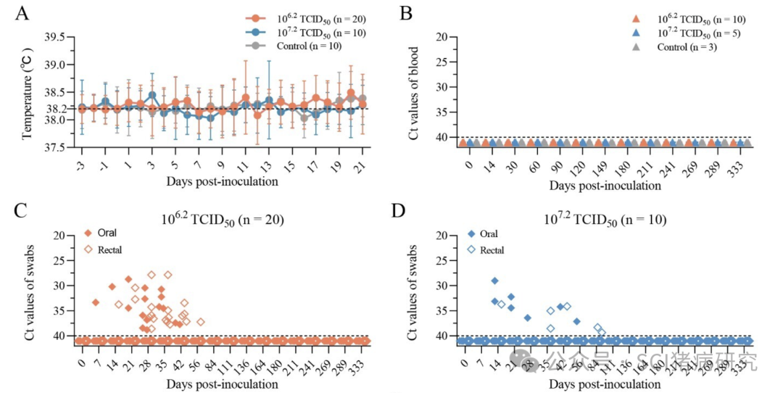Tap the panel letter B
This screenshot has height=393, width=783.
[407, 13]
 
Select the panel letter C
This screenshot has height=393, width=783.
[22, 211]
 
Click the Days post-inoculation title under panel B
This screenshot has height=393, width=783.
[605, 186]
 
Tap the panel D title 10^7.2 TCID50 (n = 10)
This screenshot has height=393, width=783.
[605, 218]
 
